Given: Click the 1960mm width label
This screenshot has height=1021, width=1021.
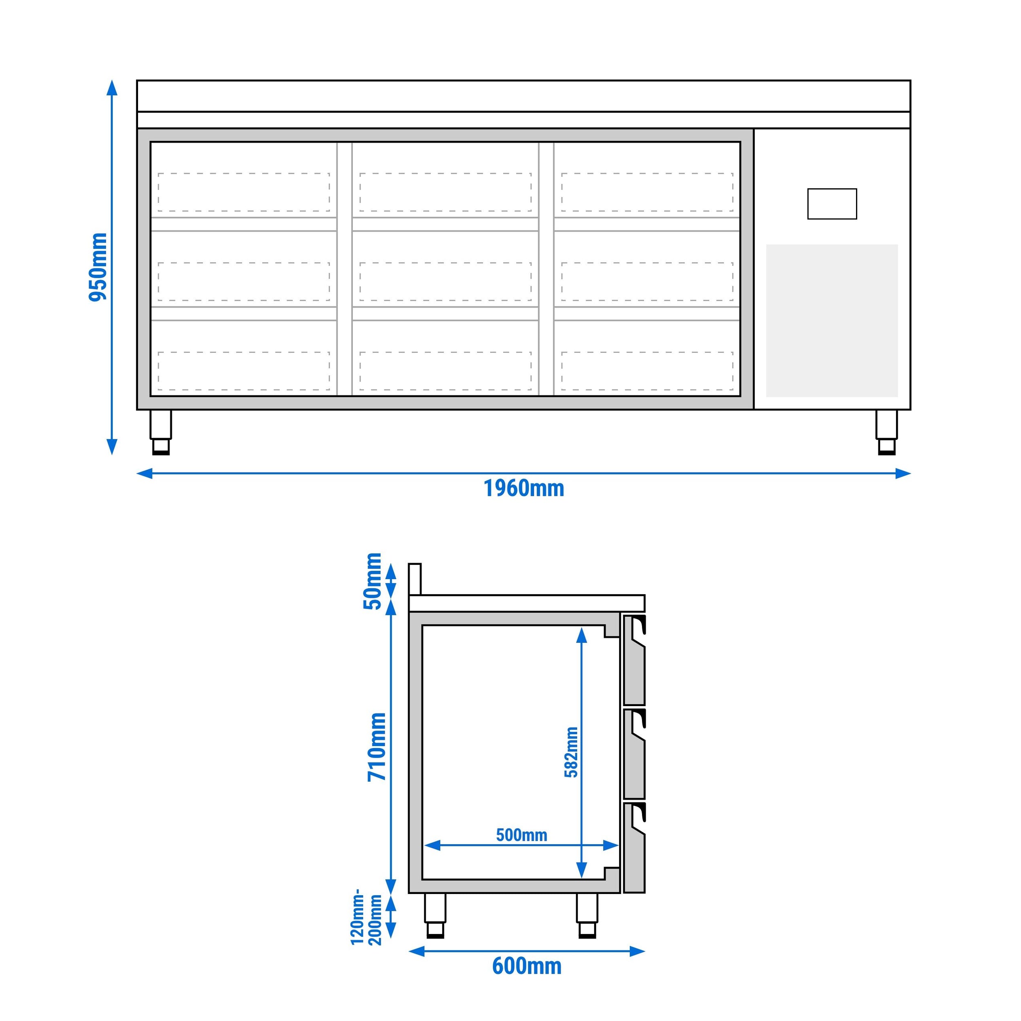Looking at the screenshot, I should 523,489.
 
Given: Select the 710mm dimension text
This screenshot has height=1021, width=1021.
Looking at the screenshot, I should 377,746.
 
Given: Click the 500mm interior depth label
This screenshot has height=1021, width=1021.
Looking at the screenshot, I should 521,835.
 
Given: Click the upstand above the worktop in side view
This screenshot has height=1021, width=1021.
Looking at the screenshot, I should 415,579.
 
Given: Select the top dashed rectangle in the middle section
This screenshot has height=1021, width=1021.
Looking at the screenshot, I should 445,192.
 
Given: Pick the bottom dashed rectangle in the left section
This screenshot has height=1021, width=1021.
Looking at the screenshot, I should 244,371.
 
